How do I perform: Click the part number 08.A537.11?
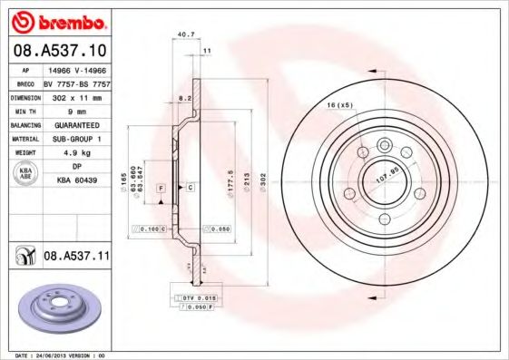[76, 257]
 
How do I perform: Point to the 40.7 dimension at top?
[185, 35]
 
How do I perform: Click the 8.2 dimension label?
[184, 95]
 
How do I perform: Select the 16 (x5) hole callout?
[339, 106]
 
